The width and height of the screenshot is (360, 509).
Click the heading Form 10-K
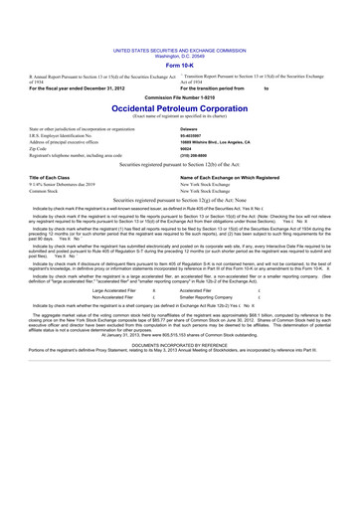180,65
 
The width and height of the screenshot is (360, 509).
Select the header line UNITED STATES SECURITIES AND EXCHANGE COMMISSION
180,49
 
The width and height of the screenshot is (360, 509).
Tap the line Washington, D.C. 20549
180,55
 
